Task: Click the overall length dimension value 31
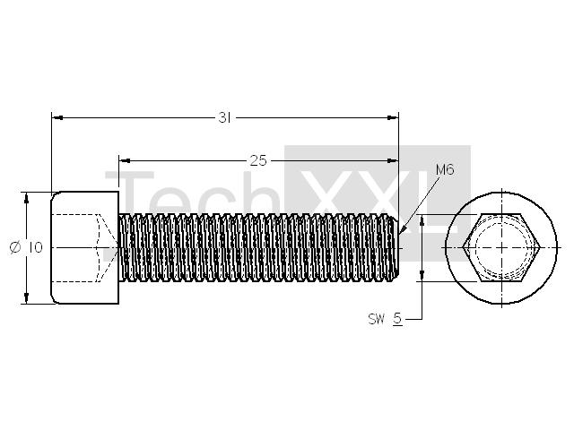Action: [x=224, y=117]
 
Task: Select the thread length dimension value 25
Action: [x=258, y=160]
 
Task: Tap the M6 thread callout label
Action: [x=445, y=169]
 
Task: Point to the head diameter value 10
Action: [x=35, y=247]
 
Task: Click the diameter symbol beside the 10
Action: [x=15, y=247]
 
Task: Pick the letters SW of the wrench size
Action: [x=377, y=319]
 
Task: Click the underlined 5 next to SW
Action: [x=397, y=319]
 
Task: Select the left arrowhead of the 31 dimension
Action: [x=57, y=117]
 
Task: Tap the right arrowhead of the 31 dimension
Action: [x=393, y=117]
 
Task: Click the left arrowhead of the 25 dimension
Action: [x=125, y=160]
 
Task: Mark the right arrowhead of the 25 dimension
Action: [x=393, y=160]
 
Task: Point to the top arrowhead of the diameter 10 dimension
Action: [x=26, y=197]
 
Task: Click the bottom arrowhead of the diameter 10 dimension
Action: [x=26, y=298]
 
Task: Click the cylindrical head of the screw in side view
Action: [x=84, y=247]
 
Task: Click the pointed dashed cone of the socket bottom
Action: [x=107, y=247]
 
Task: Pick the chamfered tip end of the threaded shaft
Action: [x=396, y=247]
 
